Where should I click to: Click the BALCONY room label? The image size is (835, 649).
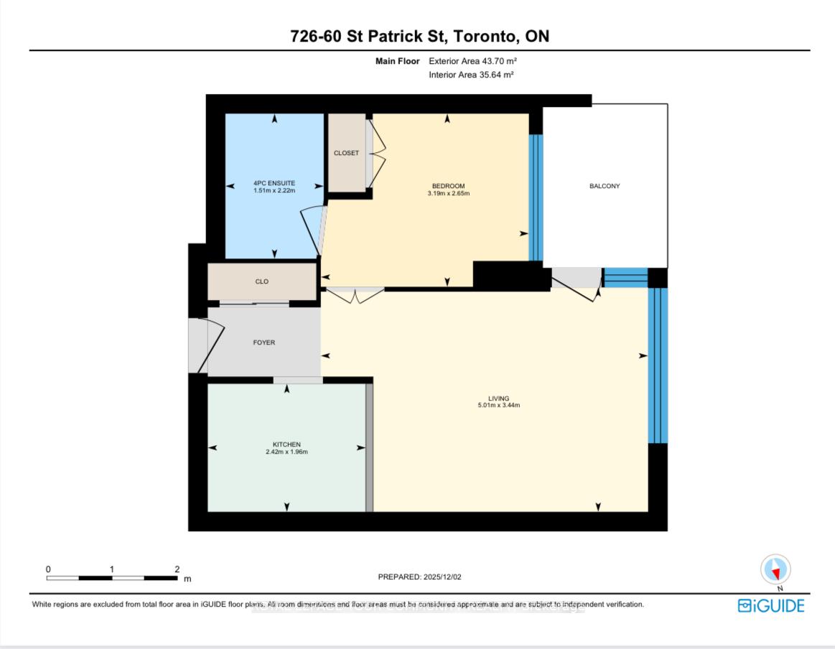click(605, 186)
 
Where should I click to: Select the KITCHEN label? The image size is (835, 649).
click(286, 444)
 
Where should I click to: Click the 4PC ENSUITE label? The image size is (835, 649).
click(274, 183)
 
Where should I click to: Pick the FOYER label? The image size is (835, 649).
click(264, 342)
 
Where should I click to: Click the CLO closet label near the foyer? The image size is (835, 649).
click(262, 281)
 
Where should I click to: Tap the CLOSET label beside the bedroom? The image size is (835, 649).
click(346, 153)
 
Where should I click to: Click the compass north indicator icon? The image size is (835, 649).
click(775, 570)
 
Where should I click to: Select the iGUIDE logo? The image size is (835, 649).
click(771, 606)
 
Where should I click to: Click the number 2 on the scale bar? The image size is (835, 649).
click(177, 569)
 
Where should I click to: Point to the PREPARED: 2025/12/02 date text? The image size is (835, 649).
click(424, 576)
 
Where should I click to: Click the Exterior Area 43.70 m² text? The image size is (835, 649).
click(472, 62)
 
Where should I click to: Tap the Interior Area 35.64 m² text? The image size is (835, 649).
click(471, 75)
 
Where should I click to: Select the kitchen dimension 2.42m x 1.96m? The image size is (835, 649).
click(286, 452)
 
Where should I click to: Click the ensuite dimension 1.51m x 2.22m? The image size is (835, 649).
click(274, 191)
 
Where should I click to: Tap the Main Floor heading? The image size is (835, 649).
click(397, 62)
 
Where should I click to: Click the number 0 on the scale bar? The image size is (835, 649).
click(48, 569)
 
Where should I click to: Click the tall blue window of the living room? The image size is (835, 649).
click(658, 365)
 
